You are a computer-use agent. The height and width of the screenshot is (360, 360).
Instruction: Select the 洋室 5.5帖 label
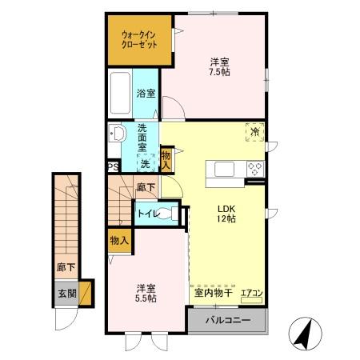coord(145,292)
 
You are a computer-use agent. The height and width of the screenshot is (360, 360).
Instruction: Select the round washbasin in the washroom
coord(118,133)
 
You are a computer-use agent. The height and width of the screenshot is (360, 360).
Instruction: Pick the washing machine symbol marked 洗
coord(145,163)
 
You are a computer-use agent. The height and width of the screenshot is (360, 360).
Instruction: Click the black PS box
coord(114,167)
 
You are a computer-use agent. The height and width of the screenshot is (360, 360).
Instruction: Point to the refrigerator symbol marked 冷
coord(254,132)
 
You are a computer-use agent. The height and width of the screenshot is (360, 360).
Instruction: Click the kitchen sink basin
coord(223,168)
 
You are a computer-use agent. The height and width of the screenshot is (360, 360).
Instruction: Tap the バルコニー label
coord(227,320)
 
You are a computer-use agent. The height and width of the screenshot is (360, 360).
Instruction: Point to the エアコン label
coord(251,294)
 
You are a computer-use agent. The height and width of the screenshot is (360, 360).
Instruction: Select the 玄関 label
coord(66,293)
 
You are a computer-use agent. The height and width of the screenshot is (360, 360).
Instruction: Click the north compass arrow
coord(303,332)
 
